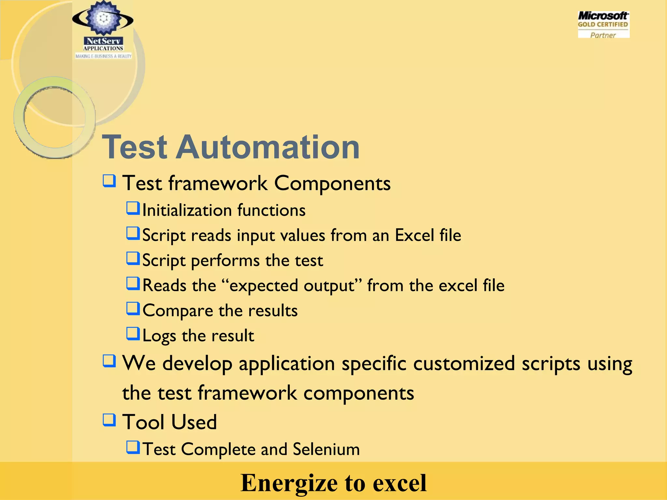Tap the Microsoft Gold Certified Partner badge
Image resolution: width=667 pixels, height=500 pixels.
click(x=603, y=25)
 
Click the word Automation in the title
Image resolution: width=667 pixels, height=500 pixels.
click(x=268, y=147)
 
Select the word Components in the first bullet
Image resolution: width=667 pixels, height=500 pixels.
click(x=332, y=183)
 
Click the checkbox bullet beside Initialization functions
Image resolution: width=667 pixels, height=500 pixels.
click(x=133, y=208)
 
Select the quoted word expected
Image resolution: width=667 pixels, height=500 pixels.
click(x=264, y=285)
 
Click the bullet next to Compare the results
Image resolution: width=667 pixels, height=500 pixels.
click(x=133, y=309)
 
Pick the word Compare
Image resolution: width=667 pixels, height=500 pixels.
click(x=178, y=311)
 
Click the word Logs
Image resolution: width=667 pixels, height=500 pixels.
click(x=159, y=336)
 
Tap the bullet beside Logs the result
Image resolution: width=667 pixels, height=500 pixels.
click(x=133, y=334)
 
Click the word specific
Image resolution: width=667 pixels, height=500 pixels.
click(x=374, y=363)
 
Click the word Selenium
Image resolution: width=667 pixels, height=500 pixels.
click(x=326, y=449)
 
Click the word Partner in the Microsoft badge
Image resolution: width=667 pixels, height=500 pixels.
click(x=603, y=35)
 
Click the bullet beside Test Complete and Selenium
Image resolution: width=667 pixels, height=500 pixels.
click(x=133, y=447)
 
